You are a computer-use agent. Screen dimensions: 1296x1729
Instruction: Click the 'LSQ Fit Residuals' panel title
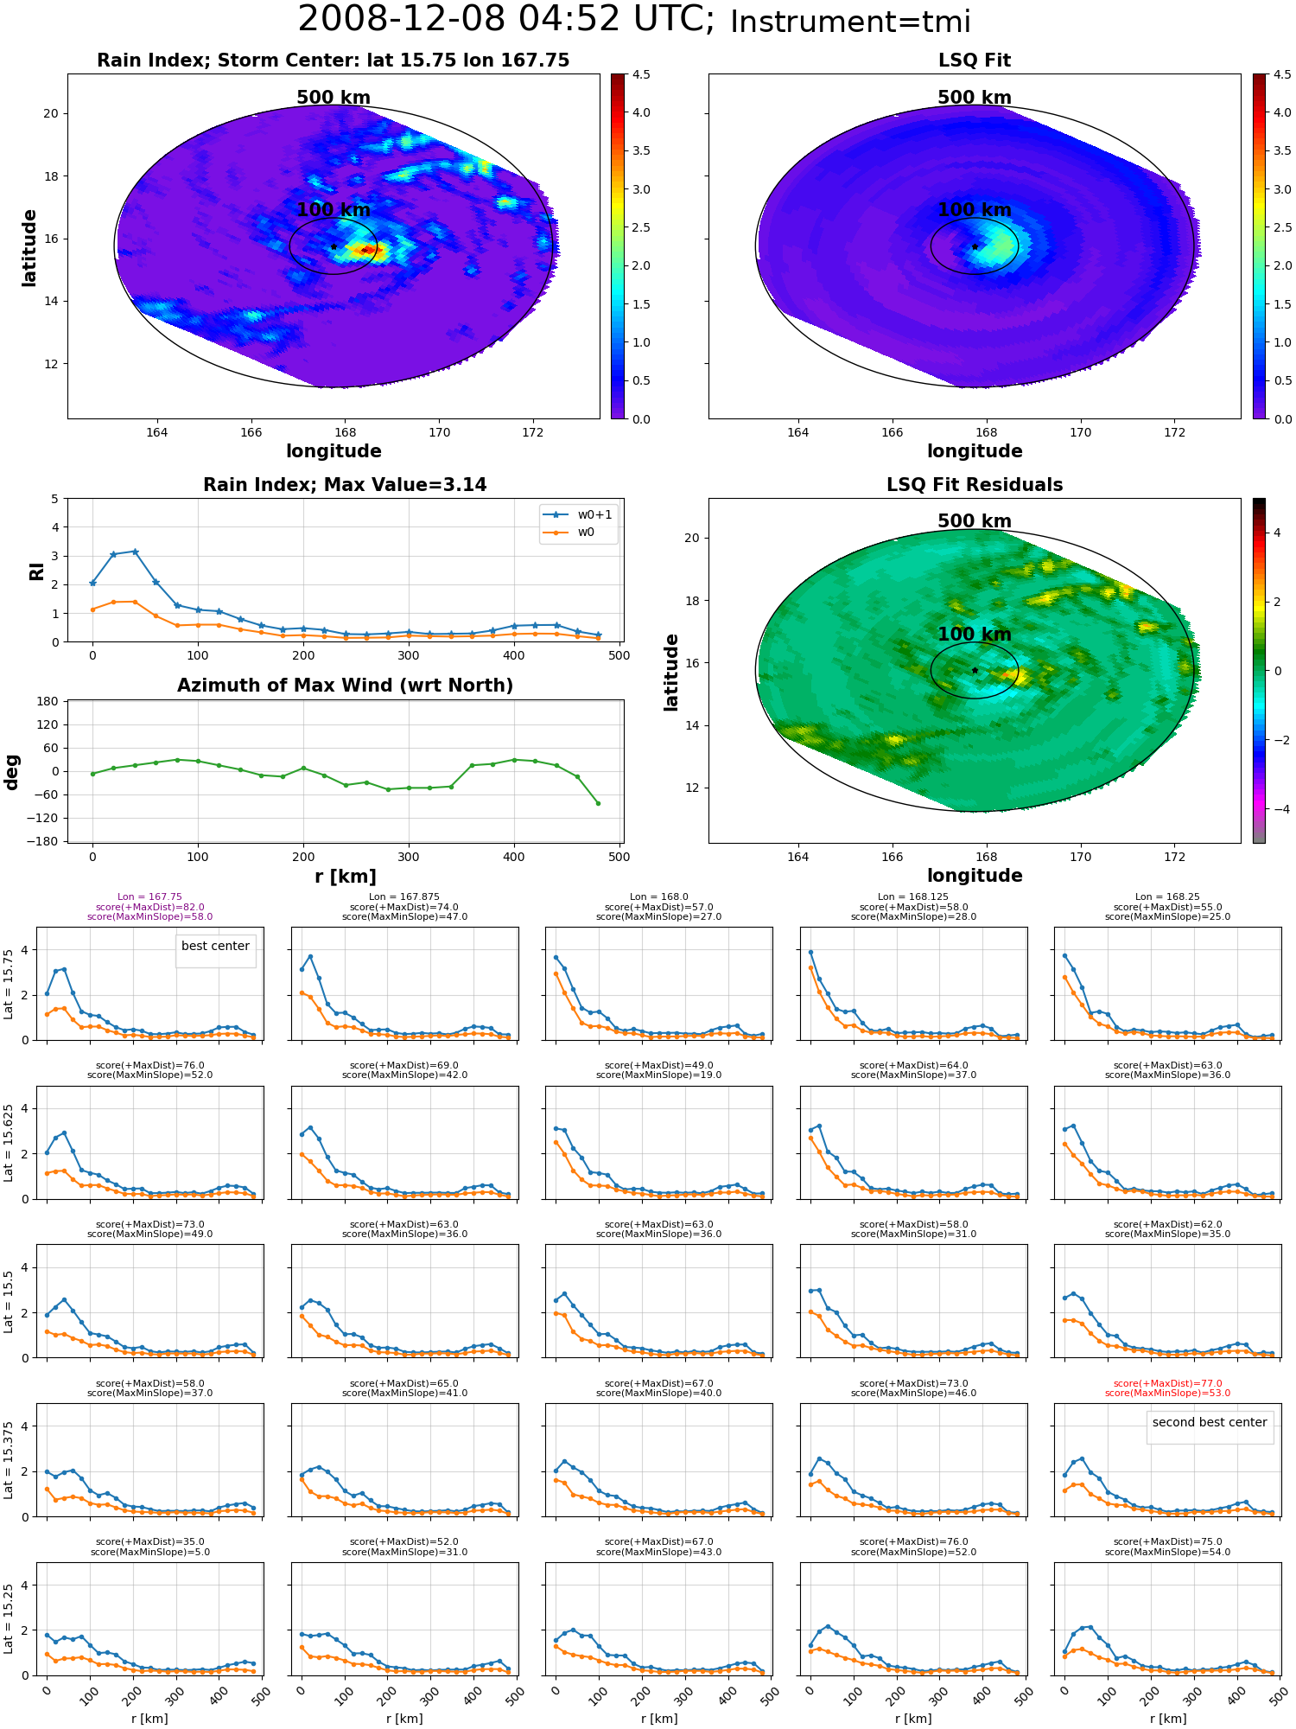(975, 485)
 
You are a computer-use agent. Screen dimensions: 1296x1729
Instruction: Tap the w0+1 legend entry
(578, 514)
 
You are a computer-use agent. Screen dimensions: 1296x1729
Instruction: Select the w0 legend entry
(570, 533)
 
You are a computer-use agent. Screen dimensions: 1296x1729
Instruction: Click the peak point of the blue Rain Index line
(135, 552)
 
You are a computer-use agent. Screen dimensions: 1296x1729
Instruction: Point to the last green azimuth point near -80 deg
(598, 803)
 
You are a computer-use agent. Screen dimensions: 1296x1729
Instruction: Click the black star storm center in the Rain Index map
(334, 246)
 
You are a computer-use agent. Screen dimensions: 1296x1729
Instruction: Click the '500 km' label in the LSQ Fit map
(975, 98)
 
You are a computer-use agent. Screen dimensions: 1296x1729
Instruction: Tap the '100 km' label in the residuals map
(975, 635)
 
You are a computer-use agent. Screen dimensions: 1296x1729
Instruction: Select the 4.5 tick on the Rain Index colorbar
(641, 74)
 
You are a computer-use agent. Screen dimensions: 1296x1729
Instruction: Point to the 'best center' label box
(215, 947)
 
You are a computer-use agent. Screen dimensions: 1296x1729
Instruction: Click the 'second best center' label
(1210, 1422)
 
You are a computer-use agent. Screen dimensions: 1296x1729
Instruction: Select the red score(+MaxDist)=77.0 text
(1167, 1383)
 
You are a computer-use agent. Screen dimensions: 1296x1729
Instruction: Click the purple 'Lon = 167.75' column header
(149, 897)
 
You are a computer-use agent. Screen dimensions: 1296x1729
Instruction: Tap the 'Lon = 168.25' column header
(1167, 897)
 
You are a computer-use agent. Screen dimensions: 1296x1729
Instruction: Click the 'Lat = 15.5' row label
(9, 1301)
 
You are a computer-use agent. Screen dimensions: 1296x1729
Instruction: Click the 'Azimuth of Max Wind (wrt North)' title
(345, 686)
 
